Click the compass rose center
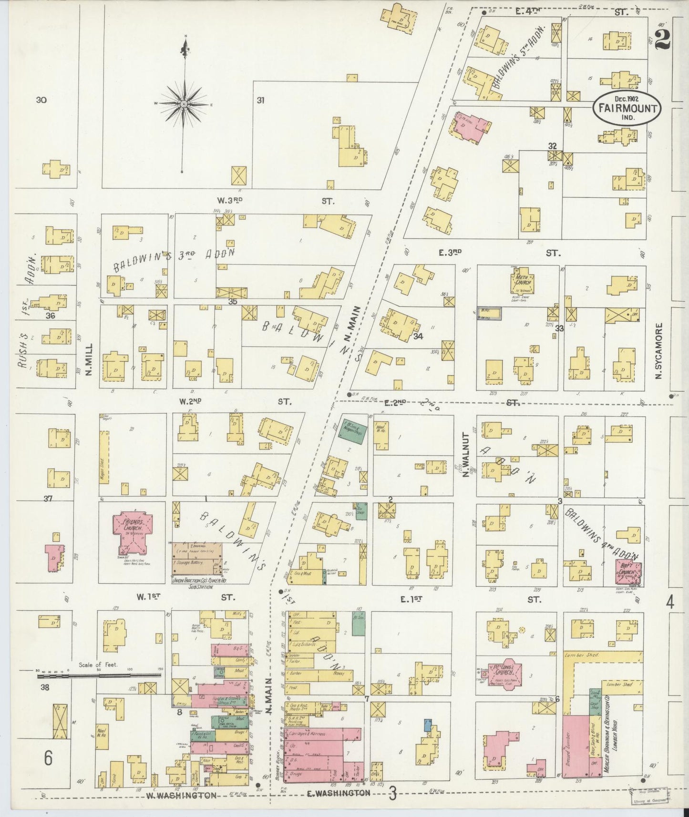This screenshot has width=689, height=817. [184, 103]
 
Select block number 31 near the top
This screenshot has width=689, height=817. [260, 100]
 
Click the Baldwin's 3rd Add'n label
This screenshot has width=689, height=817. [174, 259]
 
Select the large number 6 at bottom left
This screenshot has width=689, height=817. [48, 758]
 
